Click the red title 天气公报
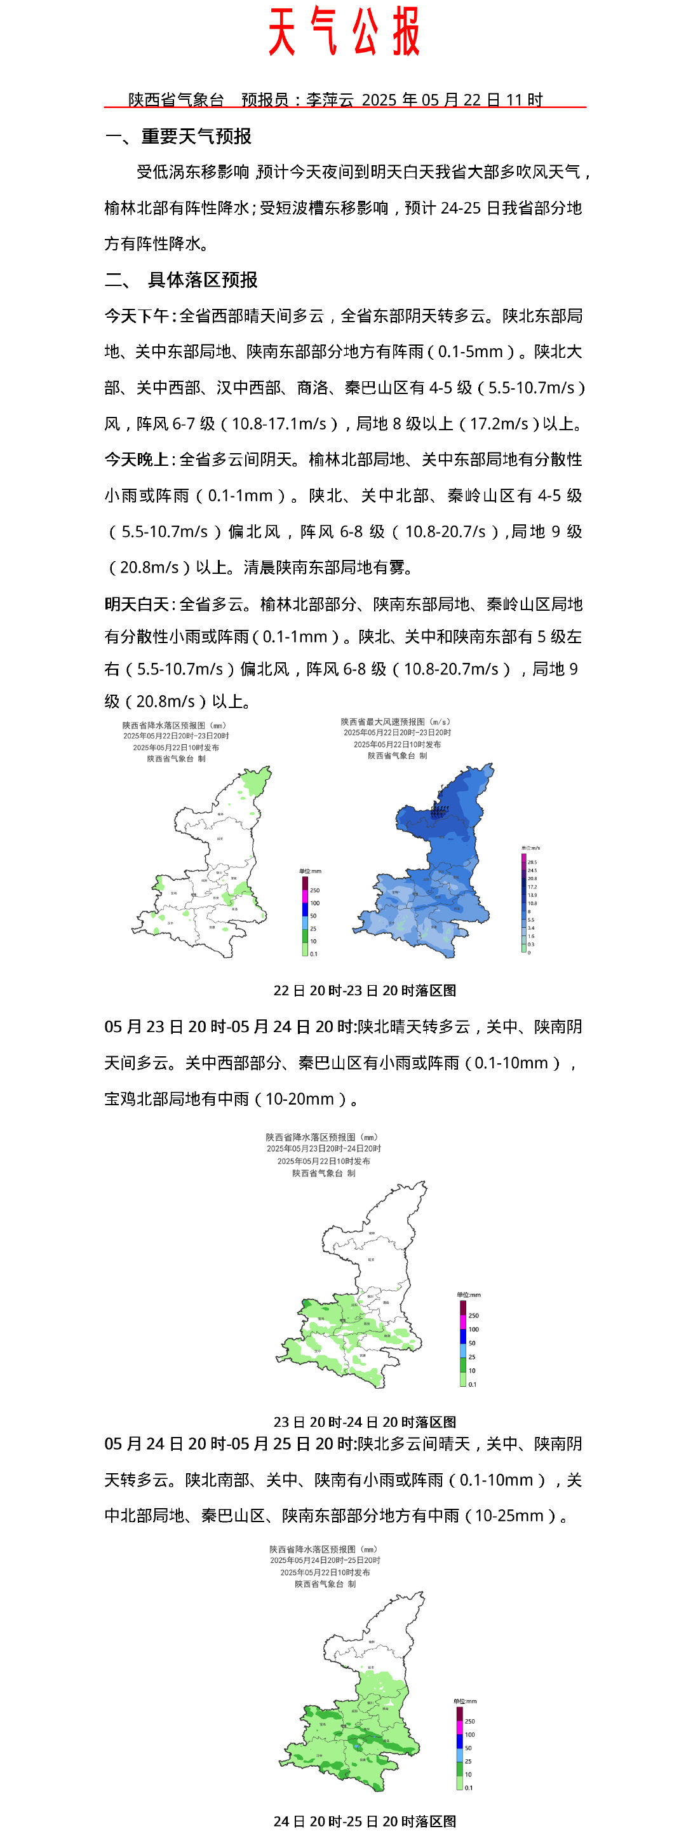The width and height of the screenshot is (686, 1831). click(x=344, y=32)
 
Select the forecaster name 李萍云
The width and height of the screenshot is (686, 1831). click(x=330, y=100)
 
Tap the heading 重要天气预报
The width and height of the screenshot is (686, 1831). click(x=196, y=136)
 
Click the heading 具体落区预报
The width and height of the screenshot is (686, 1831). click(x=203, y=280)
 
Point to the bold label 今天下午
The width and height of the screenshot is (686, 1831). click(x=137, y=316)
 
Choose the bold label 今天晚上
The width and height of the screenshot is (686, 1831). click(x=137, y=459)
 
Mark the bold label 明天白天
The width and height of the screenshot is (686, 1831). click(x=137, y=604)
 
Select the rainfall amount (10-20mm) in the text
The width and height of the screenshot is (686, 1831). click(x=300, y=1098)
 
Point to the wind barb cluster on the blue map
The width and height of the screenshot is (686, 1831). click(x=440, y=810)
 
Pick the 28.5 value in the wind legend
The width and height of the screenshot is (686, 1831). click(x=532, y=862)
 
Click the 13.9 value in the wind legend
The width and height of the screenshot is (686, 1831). click(x=532, y=895)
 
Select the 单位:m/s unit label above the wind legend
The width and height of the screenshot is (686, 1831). click(x=530, y=848)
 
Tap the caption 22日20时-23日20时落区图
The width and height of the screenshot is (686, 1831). click(x=365, y=990)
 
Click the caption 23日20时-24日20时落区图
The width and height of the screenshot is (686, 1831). click(x=365, y=1422)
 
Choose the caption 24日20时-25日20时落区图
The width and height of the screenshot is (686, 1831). click(x=365, y=1821)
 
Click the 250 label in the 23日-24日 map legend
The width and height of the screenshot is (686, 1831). click(x=474, y=1316)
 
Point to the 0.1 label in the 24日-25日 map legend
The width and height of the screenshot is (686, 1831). click(x=469, y=1788)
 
